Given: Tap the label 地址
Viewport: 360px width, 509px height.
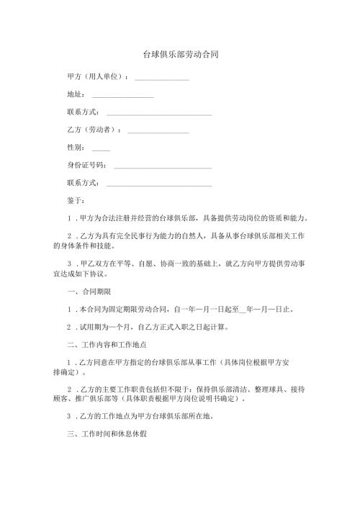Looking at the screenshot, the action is click(x=76, y=94).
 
